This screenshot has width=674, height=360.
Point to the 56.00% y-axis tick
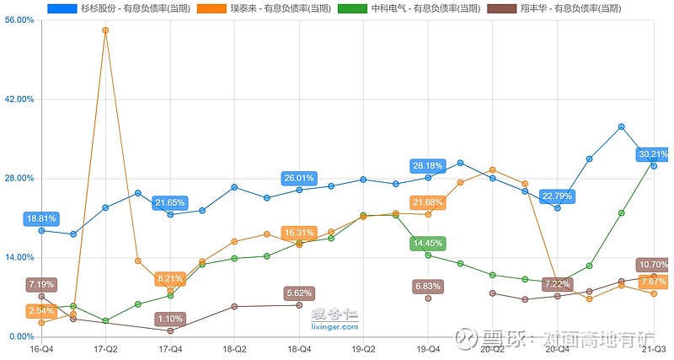coord(19,20)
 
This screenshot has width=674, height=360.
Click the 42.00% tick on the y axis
coord(19,99)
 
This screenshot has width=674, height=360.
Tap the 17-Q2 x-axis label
coord(105,347)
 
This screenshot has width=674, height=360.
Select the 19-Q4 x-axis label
coord(428,347)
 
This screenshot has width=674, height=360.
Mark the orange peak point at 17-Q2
coord(105,30)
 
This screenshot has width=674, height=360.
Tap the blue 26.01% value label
coord(299,178)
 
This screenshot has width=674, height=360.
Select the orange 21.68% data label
coord(428,202)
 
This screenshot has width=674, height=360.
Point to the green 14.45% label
coord(428,243)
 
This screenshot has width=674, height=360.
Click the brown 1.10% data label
coord(170,319)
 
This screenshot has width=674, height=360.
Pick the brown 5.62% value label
coord(299,293)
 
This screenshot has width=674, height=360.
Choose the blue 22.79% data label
coord(557,196)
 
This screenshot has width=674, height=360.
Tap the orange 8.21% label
coord(170,278)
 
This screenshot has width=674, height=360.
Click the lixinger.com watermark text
coord(335,325)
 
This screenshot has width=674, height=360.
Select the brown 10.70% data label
coord(654,265)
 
